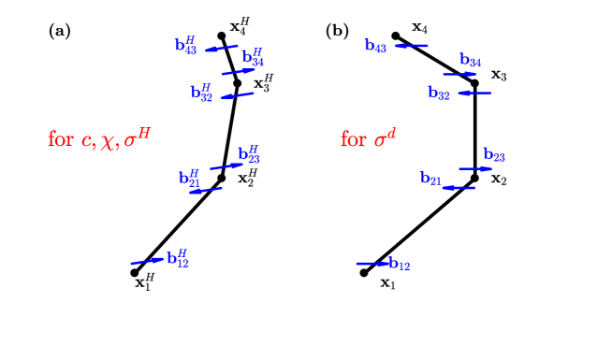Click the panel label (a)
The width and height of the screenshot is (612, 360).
(59, 30)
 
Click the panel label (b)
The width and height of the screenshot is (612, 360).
(337, 30)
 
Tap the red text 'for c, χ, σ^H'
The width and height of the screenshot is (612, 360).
(98, 139)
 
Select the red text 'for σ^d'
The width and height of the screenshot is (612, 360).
(369, 139)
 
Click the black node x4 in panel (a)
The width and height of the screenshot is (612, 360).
(221, 36)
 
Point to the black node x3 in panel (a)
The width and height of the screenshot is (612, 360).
(237, 83)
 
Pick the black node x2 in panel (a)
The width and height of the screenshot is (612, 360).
(222, 177)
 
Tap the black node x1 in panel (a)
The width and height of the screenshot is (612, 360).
(135, 272)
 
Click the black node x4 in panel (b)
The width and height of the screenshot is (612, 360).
(396, 36)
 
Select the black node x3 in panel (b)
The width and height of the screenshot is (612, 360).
(475, 83)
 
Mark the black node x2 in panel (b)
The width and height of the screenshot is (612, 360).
(475, 178)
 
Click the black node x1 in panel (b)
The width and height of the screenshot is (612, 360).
(365, 272)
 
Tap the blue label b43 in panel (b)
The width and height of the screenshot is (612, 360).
(375, 46)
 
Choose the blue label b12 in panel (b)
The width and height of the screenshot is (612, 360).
(400, 265)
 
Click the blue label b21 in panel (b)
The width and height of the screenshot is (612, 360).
(430, 178)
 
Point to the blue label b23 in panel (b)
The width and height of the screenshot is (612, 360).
(494, 154)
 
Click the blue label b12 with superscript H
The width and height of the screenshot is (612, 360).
(178, 259)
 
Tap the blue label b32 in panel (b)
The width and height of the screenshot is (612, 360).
(439, 94)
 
